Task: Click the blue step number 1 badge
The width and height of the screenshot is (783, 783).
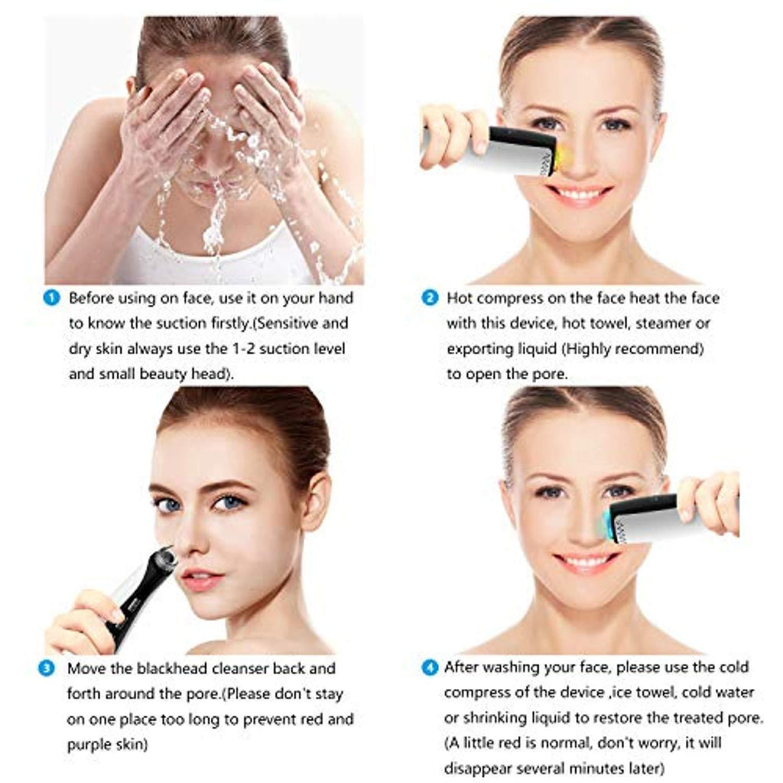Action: click(x=51, y=297)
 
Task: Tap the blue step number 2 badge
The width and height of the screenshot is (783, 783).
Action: click(x=430, y=297)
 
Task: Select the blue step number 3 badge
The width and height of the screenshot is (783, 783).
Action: click(x=47, y=668)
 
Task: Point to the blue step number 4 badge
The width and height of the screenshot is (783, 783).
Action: click(x=430, y=667)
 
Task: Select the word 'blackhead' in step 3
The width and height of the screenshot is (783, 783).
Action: click(x=171, y=668)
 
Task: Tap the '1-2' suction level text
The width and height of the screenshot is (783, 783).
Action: click(x=244, y=348)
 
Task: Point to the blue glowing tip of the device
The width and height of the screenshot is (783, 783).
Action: click(x=606, y=522)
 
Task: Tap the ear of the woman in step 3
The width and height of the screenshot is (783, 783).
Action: click(x=316, y=502)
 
